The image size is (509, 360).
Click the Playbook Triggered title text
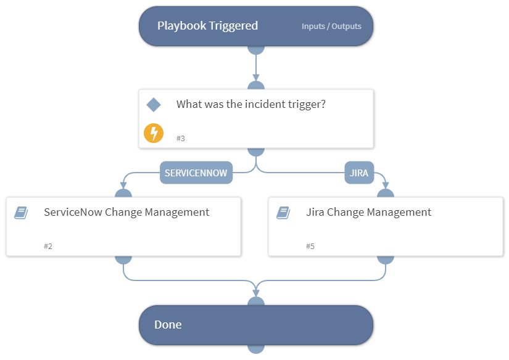[x=207, y=26]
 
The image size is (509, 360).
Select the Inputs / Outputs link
[x=331, y=27]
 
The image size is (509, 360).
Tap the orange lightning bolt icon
[x=154, y=133]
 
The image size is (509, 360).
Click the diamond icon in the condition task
[x=154, y=105]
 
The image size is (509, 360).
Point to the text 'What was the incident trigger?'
[x=250, y=104]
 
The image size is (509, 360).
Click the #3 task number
[x=181, y=139]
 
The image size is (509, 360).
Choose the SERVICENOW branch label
[x=196, y=173]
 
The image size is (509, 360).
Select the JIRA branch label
[x=358, y=173]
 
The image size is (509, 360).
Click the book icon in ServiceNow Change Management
[x=21, y=213]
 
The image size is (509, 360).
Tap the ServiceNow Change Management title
[x=126, y=212]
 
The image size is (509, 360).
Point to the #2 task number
[x=48, y=247]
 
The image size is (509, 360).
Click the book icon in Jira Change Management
[x=283, y=213]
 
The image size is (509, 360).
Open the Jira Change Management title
[x=368, y=212]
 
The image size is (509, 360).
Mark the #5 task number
[x=310, y=247]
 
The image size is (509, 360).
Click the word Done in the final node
[x=168, y=325]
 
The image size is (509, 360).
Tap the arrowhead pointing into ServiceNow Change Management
[x=123, y=185]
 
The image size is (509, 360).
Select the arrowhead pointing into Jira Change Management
[x=386, y=185]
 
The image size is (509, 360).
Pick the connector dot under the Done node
[x=256, y=349]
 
